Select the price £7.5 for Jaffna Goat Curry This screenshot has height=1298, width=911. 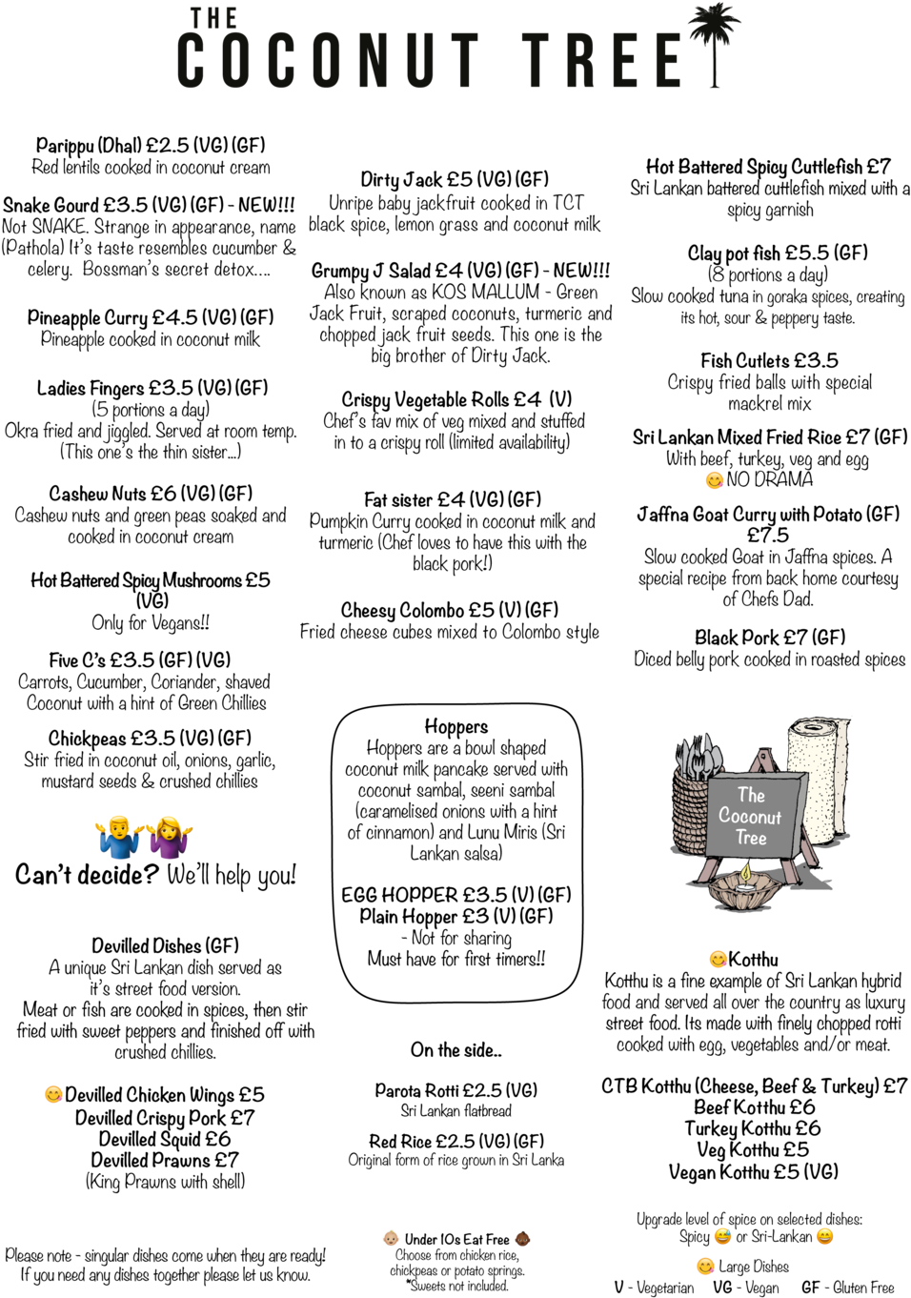(x=768, y=535)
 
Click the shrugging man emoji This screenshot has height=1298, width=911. (x=118, y=837)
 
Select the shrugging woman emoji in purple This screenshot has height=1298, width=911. (x=170, y=837)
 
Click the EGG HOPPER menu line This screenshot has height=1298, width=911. (x=456, y=895)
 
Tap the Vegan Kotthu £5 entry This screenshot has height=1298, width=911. (x=754, y=1171)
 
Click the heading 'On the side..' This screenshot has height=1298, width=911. (x=456, y=1049)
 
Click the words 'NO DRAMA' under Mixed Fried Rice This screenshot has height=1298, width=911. (x=770, y=479)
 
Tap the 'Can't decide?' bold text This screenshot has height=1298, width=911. (x=87, y=875)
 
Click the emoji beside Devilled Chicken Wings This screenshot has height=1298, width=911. (x=52, y=1094)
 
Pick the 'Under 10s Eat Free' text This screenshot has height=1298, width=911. (x=456, y=1239)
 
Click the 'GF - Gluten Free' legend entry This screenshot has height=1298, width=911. (x=848, y=1287)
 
